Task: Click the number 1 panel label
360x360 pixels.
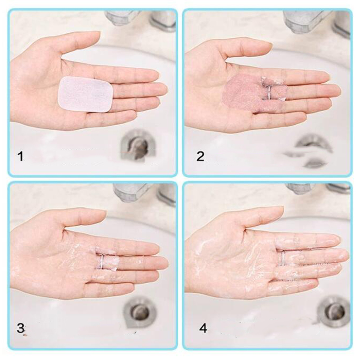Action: click(x=20, y=156)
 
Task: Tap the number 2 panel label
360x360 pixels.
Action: click(x=200, y=156)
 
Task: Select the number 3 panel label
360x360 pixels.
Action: click(x=21, y=328)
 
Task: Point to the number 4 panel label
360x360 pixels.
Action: click(x=203, y=328)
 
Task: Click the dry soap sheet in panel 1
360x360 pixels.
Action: click(x=85, y=94)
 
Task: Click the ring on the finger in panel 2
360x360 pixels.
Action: click(x=269, y=92)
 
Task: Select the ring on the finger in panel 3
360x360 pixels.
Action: click(x=102, y=261)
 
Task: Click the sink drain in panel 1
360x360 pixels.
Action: click(x=137, y=145)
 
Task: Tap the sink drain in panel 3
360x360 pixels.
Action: click(x=139, y=311)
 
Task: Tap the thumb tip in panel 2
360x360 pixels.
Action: click(x=269, y=46)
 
